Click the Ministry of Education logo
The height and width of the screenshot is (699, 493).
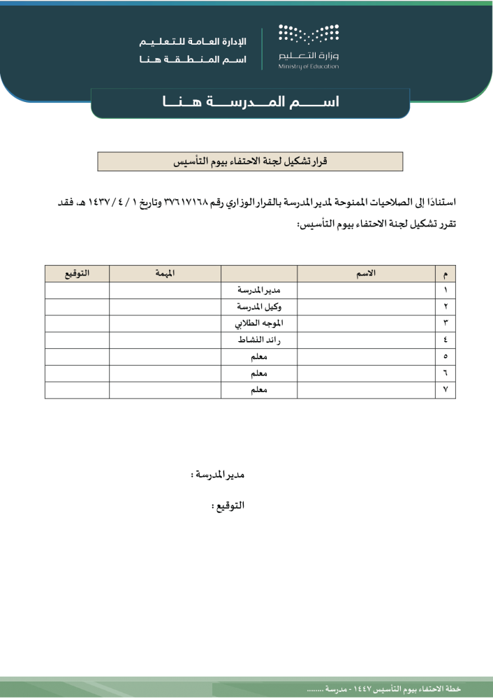(308, 46)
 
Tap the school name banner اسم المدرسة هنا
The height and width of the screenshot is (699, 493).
(250, 102)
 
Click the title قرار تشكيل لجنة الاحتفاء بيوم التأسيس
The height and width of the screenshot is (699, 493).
(250, 161)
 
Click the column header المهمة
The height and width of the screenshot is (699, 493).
(165, 273)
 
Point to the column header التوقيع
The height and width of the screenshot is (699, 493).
(77, 273)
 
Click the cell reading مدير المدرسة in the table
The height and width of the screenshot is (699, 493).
(258, 290)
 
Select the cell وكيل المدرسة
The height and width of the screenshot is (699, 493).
(258, 307)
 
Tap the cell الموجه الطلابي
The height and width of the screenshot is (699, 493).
(258, 324)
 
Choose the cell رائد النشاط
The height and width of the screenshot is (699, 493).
(258, 340)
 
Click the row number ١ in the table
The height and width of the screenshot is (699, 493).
(445, 290)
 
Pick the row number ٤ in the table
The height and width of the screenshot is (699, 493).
(445, 340)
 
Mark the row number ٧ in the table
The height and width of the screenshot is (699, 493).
(445, 390)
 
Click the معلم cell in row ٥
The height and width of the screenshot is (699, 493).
(258, 357)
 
